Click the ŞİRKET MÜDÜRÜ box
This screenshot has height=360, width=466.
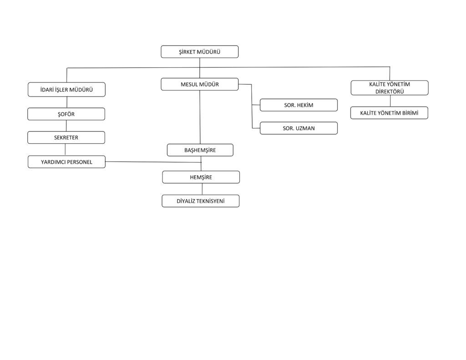tap(199, 52)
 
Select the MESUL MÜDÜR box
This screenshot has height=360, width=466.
tap(199, 84)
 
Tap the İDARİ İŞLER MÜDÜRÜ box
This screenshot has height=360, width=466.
tap(66, 90)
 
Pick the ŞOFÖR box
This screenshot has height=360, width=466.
tap(66, 114)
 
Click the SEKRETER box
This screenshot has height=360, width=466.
tap(66, 137)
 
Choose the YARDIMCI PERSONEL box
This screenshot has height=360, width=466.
tap(66, 162)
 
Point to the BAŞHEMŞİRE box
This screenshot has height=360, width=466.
tap(200, 150)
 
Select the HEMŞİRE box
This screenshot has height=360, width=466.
tap(201, 177)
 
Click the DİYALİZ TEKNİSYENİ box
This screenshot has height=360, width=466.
tap(201, 201)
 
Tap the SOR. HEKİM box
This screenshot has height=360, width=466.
tap(299, 105)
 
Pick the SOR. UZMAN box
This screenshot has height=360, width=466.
tap(299, 128)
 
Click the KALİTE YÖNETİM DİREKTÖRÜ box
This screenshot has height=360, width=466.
tap(390, 88)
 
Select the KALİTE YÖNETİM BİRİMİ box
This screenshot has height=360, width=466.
tap(390, 113)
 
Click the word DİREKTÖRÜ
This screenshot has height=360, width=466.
tap(390, 91)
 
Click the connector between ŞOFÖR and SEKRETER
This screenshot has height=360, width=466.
tap(66, 126)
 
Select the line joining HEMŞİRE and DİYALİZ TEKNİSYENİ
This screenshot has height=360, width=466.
tap(202, 189)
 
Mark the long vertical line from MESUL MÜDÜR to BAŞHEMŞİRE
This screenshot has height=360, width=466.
tap(200, 117)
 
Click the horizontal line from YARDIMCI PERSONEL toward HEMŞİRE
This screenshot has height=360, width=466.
tap(153, 162)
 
